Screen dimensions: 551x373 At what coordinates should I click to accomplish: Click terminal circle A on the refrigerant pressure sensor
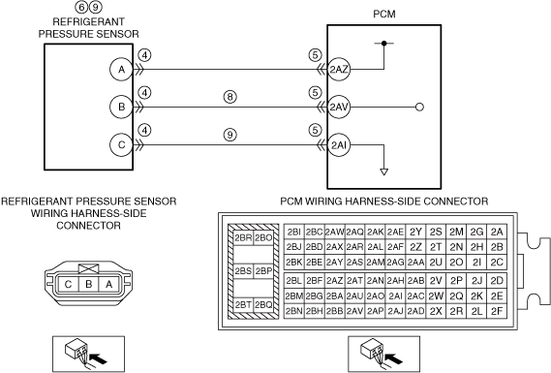coord(121,70)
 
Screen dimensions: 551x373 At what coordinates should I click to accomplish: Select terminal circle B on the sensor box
coord(121,107)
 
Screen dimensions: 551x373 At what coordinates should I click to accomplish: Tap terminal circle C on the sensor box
coord(121,145)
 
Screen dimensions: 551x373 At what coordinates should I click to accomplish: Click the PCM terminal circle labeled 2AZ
coord(339,70)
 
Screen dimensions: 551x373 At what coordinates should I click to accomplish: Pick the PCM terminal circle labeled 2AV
coord(339,107)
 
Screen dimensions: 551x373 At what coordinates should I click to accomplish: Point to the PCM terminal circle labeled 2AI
coord(339,145)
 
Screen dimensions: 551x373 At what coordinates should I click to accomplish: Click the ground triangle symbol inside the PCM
coord(384,171)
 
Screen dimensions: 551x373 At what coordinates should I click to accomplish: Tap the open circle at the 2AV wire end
coord(419,107)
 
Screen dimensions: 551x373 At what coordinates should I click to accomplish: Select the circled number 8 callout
coord(230,97)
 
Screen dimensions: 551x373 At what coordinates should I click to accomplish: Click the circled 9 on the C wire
coord(230,135)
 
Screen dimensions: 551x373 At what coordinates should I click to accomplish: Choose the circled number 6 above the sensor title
coord(81,7)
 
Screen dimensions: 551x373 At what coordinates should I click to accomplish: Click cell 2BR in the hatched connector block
coord(243,238)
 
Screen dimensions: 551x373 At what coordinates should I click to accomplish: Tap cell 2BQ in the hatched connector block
coord(263,305)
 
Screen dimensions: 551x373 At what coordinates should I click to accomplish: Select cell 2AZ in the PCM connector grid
coord(334,281)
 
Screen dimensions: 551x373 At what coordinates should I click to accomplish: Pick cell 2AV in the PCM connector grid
coord(355,311)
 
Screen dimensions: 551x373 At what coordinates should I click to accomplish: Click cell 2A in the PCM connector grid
coord(497,232)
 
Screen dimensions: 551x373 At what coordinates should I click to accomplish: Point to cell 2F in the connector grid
coord(497,311)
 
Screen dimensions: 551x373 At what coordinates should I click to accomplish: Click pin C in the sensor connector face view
coord(68,284)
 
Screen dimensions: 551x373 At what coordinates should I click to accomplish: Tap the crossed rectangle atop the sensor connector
coord(88,269)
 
